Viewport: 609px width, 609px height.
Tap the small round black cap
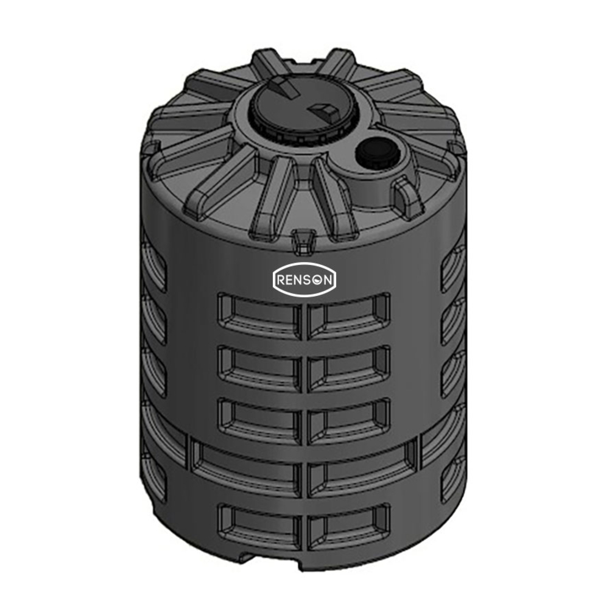373,150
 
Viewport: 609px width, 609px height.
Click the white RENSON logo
304,280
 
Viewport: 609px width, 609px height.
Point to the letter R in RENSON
282,280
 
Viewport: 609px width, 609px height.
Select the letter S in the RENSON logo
309,280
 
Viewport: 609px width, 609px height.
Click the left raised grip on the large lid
284,87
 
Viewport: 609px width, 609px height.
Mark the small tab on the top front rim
301,241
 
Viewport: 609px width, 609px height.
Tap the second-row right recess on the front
348,367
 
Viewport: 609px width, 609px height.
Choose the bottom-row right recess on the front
348,524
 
